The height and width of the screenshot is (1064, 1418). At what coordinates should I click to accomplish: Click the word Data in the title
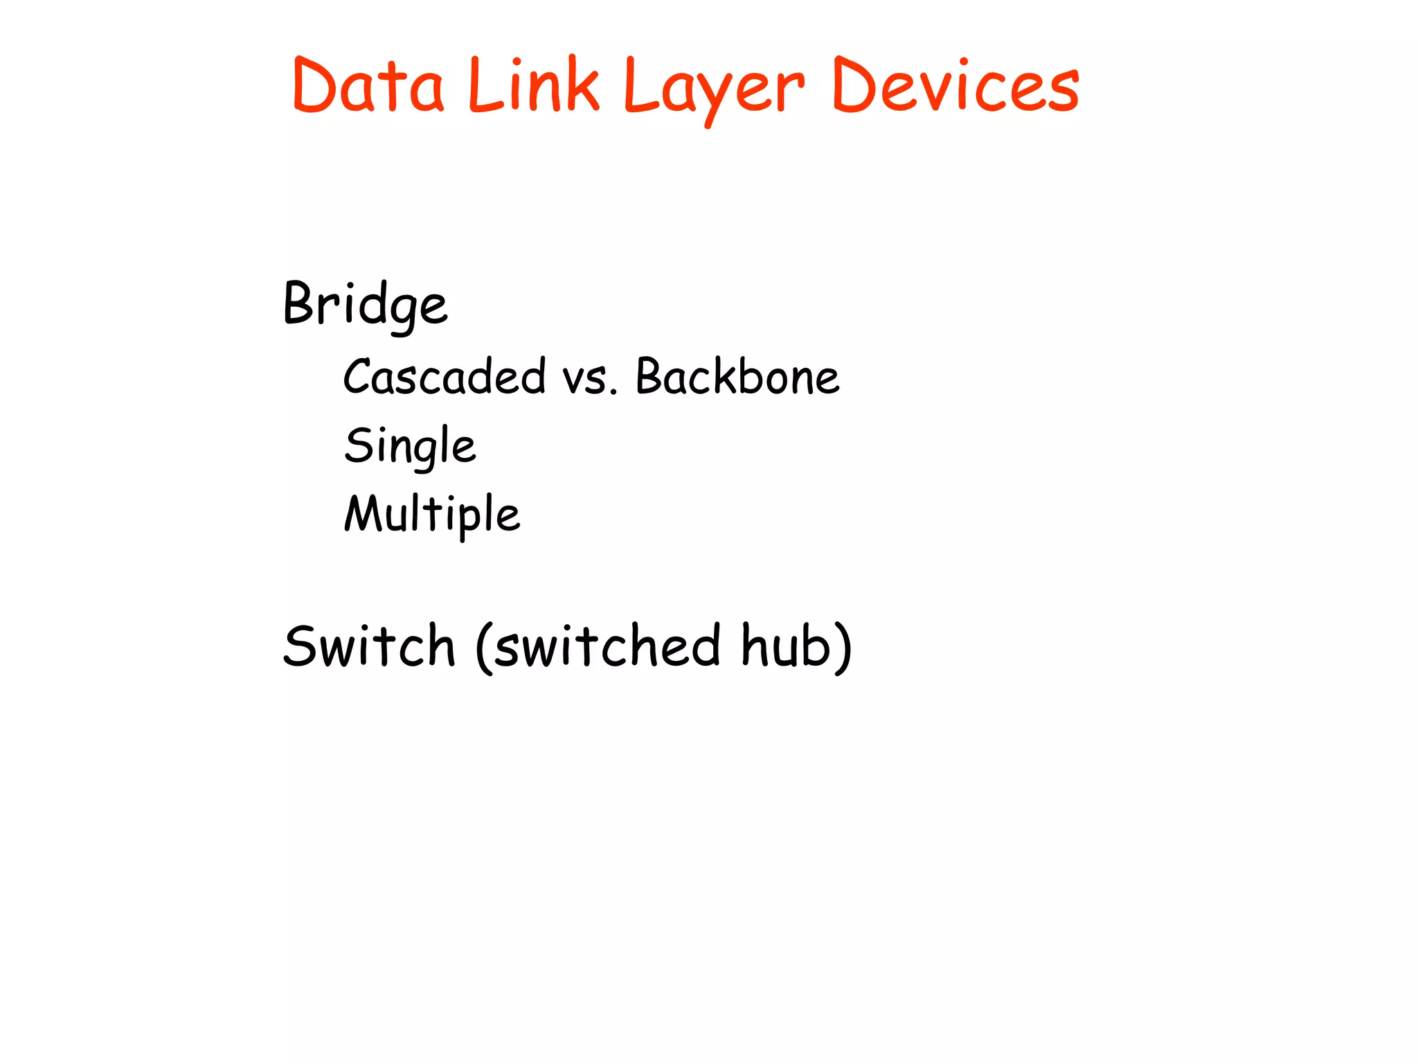tap(368, 86)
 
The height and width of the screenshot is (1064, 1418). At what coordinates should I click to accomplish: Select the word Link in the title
tap(533, 86)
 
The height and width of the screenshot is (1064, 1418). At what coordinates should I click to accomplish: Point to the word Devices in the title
tap(955, 86)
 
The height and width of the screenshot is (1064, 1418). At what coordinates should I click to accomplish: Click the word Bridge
tap(366, 305)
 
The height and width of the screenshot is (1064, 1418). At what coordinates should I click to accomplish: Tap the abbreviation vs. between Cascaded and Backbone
tap(589, 380)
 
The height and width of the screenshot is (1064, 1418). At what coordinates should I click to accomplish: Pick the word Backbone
tap(737, 377)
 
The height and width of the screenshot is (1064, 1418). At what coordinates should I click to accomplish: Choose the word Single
tap(410, 446)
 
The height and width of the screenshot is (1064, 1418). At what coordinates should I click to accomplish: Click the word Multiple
tap(432, 514)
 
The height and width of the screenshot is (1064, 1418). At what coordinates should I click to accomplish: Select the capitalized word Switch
tap(369, 646)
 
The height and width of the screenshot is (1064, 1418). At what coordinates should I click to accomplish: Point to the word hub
tap(785, 646)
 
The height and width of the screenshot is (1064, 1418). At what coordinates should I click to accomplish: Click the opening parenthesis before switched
tap(484, 647)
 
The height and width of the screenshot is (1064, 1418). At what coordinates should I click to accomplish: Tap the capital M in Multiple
tap(362, 513)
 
